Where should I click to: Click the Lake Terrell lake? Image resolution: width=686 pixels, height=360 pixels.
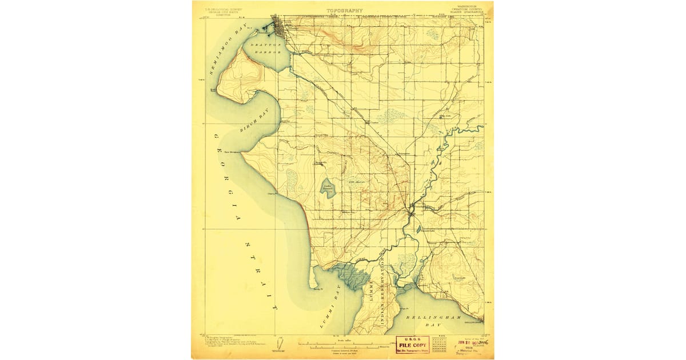coord(328,189)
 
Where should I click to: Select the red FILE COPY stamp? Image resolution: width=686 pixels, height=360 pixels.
coord(412,345)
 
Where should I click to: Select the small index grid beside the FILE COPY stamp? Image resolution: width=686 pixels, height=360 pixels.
coord(439,344)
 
